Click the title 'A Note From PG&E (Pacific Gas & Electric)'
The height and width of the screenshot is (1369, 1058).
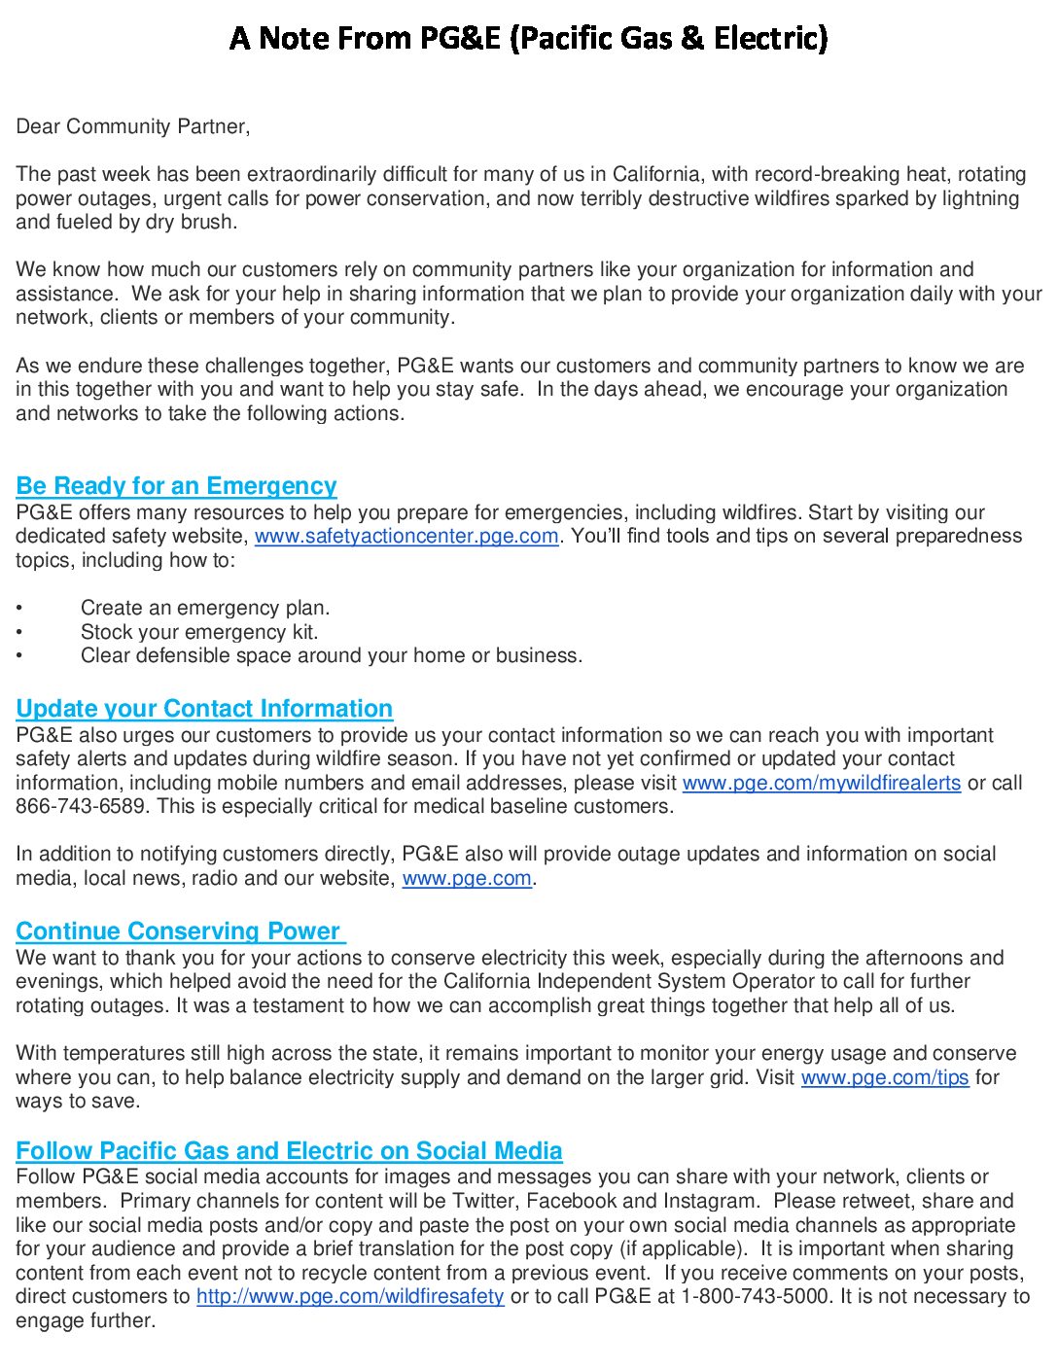(529, 39)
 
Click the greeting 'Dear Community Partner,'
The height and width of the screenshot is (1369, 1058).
(132, 126)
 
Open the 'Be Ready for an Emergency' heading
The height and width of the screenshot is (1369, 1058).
(176, 486)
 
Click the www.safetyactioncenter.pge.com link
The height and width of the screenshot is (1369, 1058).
(406, 537)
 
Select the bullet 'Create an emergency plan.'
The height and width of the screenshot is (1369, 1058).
(205, 609)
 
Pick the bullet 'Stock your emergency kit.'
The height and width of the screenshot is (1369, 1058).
(199, 632)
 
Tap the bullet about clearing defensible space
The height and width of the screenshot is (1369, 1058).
(332, 656)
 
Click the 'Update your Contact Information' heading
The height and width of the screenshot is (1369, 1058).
(204, 709)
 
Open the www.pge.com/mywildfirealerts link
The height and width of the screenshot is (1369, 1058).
(822, 784)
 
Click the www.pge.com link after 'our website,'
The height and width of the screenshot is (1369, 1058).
(467, 879)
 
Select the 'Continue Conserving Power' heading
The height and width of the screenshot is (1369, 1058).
(179, 931)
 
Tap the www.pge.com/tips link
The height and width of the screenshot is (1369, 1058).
(885, 1078)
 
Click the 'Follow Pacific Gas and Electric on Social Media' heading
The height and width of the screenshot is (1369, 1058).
(289, 1151)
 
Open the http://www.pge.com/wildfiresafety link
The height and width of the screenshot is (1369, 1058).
(350, 1297)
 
